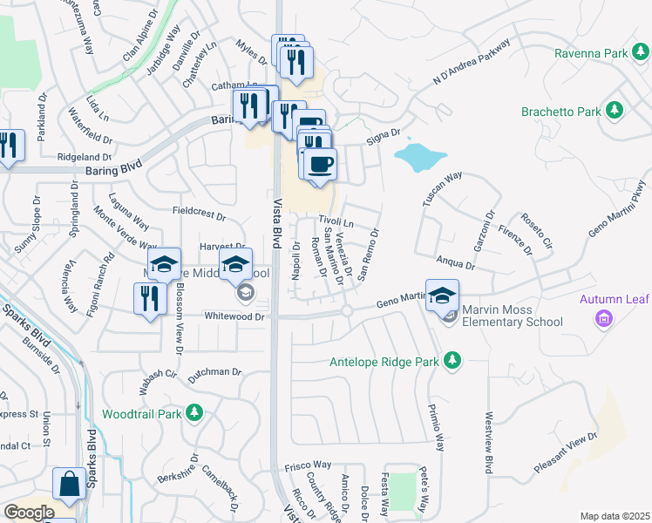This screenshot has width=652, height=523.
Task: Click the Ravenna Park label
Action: tap(590, 53)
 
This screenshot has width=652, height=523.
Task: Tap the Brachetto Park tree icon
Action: tap(616, 111)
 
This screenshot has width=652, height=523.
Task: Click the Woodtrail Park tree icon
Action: tap(197, 412)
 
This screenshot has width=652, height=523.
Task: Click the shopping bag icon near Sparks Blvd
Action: tap(69, 485)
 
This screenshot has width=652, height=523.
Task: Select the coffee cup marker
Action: tap(320, 164)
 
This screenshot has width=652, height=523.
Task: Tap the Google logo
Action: tap(29, 513)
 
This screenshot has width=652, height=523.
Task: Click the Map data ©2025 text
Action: tap(615, 516)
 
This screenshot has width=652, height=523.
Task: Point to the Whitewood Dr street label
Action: tap(234, 317)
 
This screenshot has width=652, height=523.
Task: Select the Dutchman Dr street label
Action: tap(213, 372)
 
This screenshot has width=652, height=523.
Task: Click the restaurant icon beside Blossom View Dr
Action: tap(150, 299)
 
